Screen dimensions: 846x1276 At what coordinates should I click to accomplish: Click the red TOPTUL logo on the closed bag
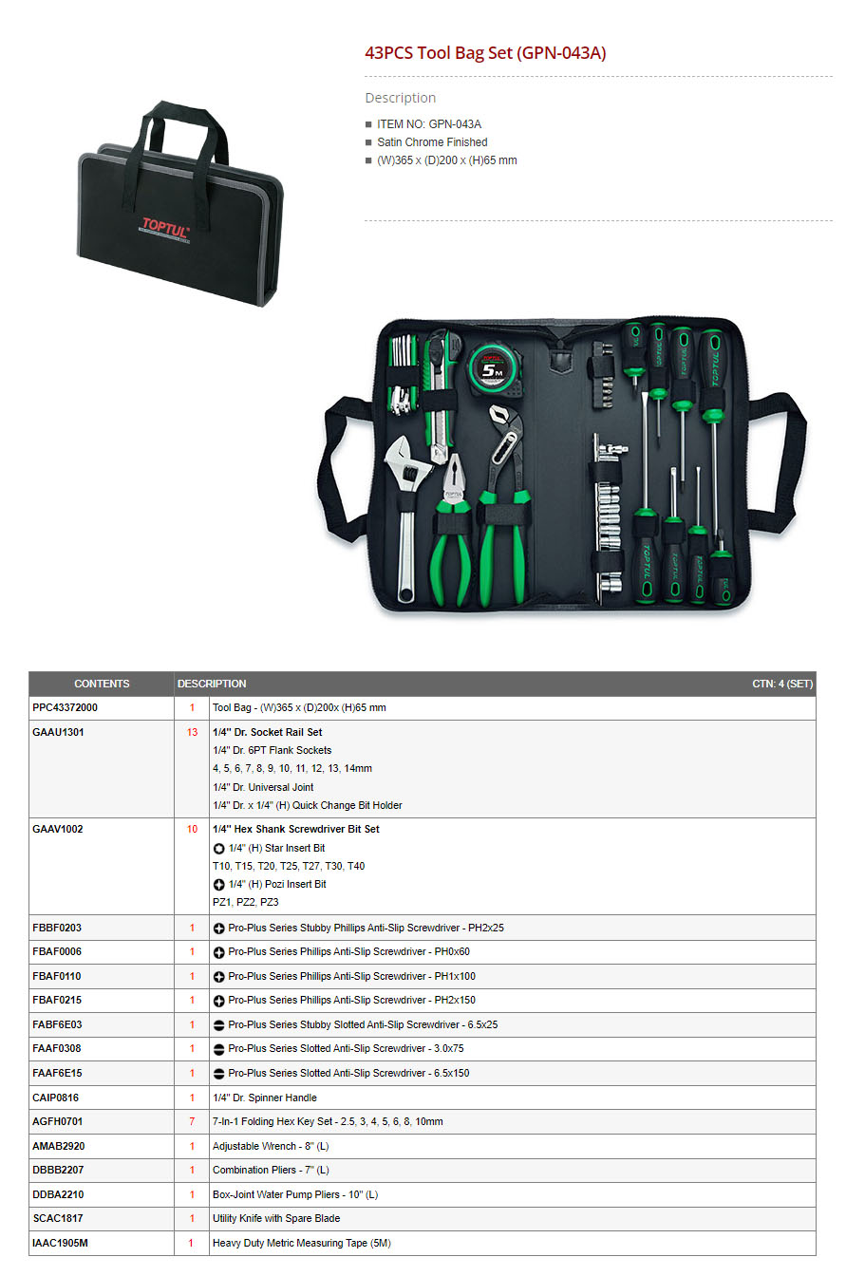pyautogui.click(x=164, y=229)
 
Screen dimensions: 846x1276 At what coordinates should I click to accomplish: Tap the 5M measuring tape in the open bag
pyautogui.click(x=495, y=369)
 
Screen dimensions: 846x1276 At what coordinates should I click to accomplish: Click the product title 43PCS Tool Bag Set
pyautogui.click(x=485, y=53)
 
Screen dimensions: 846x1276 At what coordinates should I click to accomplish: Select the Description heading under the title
pyautogui.click(x=400, y=98)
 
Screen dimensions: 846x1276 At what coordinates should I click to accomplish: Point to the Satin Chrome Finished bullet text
pyautogui.click(x=432, y=141)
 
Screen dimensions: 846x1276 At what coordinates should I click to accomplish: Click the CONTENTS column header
pyautogui.click(x=102, y=684)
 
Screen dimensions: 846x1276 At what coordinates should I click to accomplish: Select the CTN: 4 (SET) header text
pyautogui.click(x=782, y=684)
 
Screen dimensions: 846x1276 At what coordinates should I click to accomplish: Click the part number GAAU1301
pyautogui.click(x=58, y=732)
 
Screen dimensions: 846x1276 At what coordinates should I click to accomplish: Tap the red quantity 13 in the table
pyautogui.click(x=192, y=732)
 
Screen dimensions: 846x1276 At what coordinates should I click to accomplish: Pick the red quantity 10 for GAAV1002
pyautogui.click(x=192, y=829)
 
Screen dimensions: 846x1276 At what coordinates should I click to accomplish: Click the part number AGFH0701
pyautogui.click(x=58, y=1121)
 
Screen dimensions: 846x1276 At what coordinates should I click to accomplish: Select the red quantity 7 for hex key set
pyautogui.click(x=192, y=1121)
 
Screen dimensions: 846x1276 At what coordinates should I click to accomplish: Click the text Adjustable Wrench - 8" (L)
pyautogui.click(x=271, y=1146)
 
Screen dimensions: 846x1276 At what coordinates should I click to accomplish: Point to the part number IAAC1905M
pyautogui.click(x=60, y=1243)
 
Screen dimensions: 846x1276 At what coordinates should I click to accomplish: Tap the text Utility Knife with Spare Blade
pyautogui.click(x=276, y=1218)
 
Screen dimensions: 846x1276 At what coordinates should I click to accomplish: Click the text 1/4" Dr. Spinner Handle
pyautogui.click(x=264, y=1098)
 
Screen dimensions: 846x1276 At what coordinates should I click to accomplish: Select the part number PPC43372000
pyautogui.click(x=65, y=707)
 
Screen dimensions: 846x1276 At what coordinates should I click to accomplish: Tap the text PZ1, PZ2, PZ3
pyautogui.click(x=246, y=902)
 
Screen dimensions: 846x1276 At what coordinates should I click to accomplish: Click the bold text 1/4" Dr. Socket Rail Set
pyautogui.click(x=267, y=732)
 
